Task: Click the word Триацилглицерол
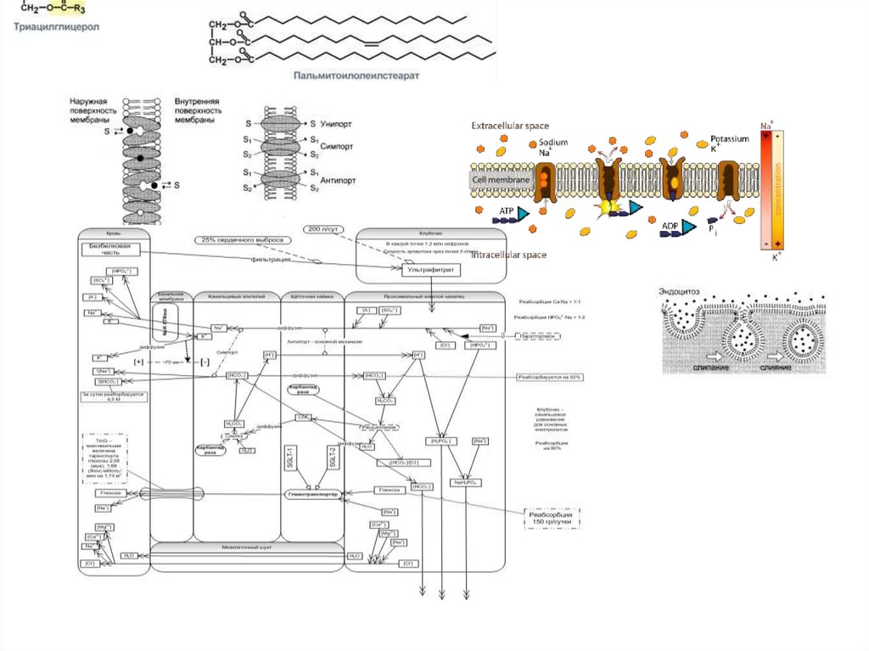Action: click(x=55, y=27)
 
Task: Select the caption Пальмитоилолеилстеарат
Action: click(x=357, y=75)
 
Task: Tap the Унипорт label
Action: click(x=335, y=124)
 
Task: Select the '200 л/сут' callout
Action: click(x=323, y=229)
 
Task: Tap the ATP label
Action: click(x=507, y=210)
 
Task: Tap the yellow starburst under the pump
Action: click(x=608, y=205)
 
